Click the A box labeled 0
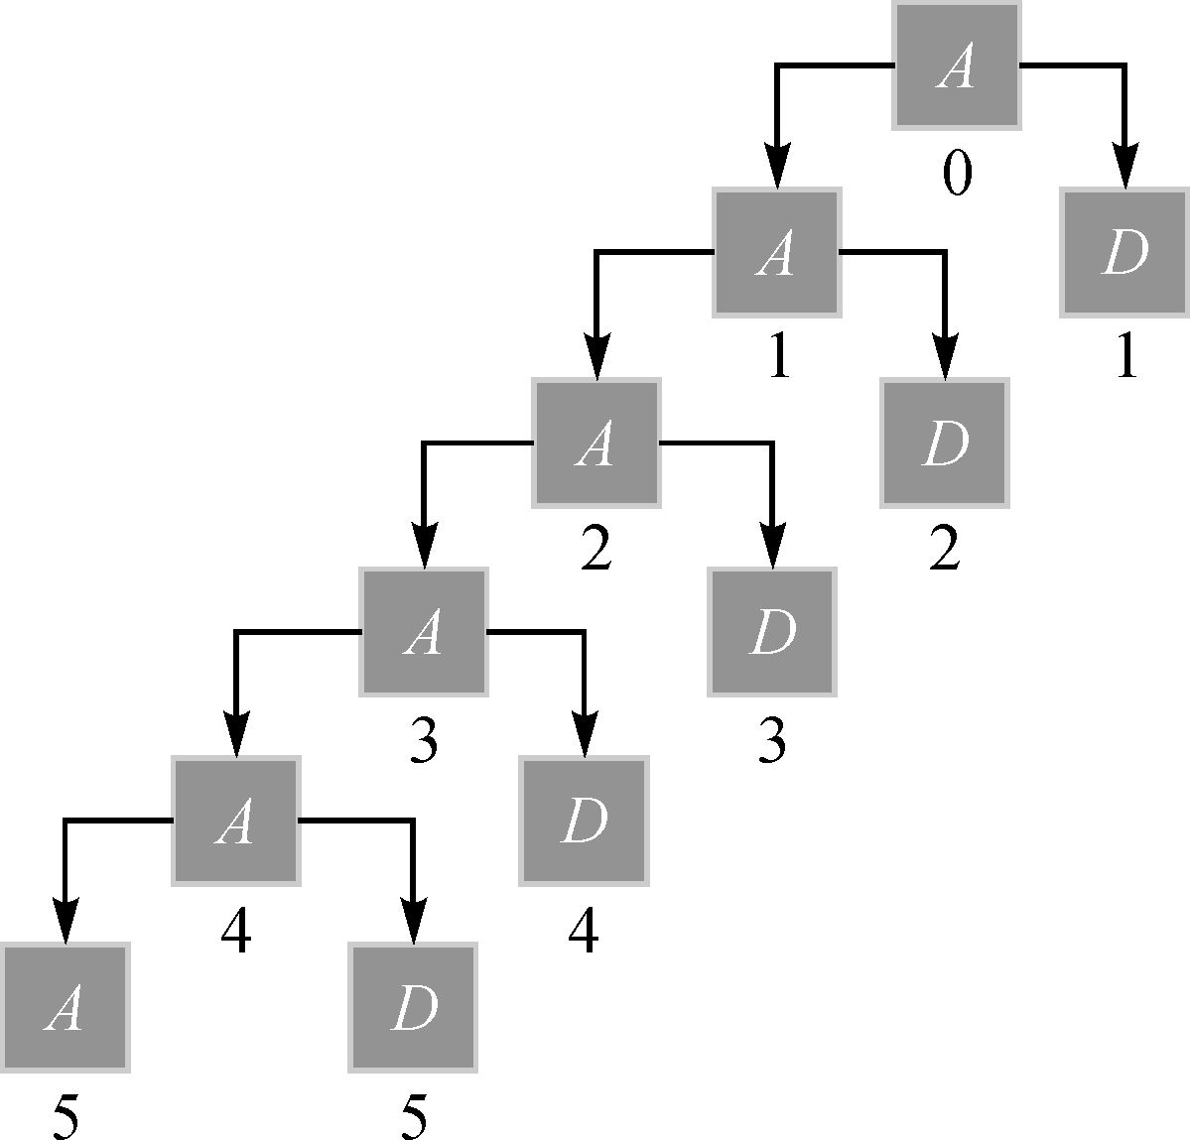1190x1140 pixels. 956,65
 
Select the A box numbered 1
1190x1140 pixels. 776,252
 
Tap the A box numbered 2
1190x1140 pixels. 595,442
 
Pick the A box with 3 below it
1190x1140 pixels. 424,632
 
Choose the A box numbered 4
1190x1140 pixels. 235,821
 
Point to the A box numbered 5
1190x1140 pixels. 65,1008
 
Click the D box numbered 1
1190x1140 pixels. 1124,252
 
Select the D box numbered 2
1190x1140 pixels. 944,442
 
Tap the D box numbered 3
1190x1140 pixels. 771,632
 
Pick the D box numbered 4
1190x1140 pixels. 584,821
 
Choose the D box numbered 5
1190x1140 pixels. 413,1008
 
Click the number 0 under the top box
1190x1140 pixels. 957,176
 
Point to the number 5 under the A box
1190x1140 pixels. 65,1118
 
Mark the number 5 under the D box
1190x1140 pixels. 414,1118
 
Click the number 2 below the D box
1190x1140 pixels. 944,551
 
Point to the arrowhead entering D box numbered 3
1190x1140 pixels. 771,547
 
